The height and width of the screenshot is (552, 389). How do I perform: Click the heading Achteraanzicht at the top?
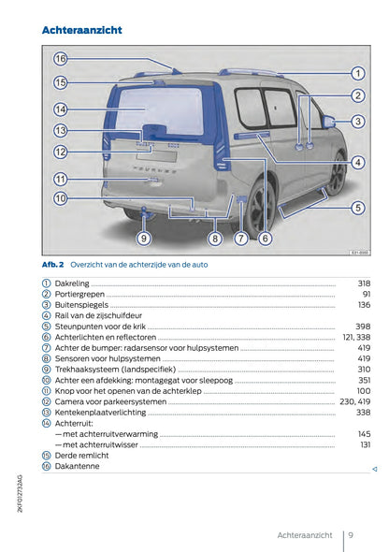[82, 31]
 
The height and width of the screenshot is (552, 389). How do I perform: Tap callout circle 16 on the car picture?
[60, 59]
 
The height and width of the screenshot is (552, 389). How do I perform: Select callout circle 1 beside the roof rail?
[357, 73]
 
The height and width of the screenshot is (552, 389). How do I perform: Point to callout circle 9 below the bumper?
[144, 239]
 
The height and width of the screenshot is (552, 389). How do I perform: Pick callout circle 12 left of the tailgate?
[60, 152]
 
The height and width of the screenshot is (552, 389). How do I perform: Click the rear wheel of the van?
[259, 208]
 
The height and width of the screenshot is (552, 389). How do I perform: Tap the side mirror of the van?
[328, 122]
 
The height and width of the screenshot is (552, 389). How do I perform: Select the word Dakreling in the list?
[73, 283]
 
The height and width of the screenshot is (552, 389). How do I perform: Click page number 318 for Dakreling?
[364, 283]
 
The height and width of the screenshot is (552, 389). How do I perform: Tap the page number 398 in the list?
[364, 327]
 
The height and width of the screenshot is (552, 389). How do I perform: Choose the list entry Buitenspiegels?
[81, 305]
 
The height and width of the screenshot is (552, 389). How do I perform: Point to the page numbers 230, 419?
[355, 401]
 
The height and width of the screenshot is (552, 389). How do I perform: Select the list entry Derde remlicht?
[81, 455]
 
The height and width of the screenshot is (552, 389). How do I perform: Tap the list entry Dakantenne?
[77, 466]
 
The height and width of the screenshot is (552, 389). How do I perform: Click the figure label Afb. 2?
[52, 265]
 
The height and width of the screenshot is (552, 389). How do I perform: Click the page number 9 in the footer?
[349, 535]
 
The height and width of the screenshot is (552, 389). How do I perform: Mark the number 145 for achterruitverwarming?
[364, 434]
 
